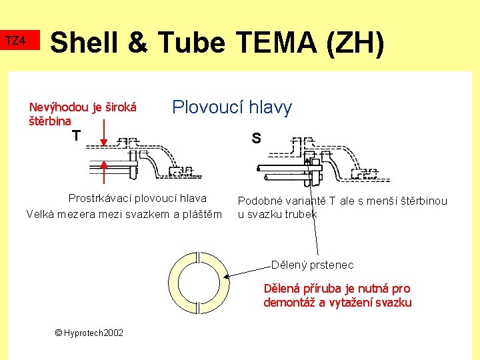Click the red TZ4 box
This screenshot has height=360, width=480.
tap(15, 41)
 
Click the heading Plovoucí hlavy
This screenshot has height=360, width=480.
tap(232, 107)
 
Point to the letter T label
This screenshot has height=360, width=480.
tap(77, 136)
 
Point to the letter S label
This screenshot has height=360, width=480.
tap(256, 139)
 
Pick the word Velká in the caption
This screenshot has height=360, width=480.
tap(42, 214)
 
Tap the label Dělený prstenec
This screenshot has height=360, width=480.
tap(312, 265)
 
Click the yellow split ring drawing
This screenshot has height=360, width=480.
tap(199, 283)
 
